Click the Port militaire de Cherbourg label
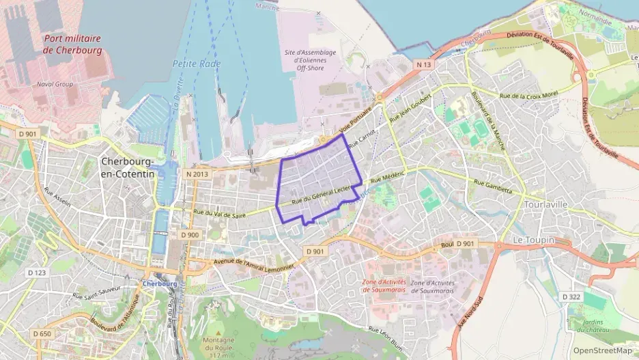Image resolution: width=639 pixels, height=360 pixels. [x=72, y=45]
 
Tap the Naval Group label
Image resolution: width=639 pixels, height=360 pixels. [x=55, y=84]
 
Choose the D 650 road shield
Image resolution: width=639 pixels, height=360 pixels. [x=41, y=333]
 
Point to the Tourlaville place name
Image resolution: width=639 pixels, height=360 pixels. [x=547, y=204]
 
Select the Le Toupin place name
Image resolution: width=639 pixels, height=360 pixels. [x=532, y=240]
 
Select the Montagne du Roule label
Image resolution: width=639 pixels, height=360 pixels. [x=218, y=344]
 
